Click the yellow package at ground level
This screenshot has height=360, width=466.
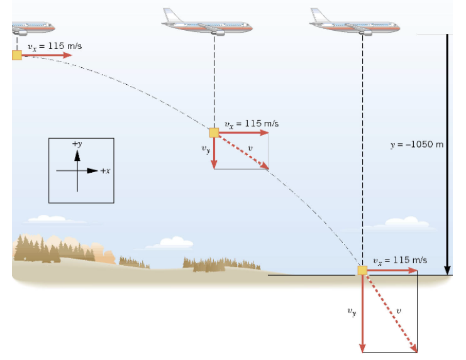(362, 270)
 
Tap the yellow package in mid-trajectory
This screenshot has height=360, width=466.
(214, 133)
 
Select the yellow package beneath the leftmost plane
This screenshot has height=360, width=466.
(16, 55)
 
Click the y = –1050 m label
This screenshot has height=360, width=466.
(417, 145)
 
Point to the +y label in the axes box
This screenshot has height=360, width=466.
(77, 144)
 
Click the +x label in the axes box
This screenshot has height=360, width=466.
(105, 171)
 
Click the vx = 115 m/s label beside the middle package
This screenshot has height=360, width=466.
(251, 124)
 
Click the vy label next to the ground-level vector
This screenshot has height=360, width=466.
(352, 311)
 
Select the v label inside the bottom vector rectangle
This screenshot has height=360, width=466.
(399, 310)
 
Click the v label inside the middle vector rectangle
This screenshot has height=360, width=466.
(250, 148)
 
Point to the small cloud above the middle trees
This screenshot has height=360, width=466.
(173, 243)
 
